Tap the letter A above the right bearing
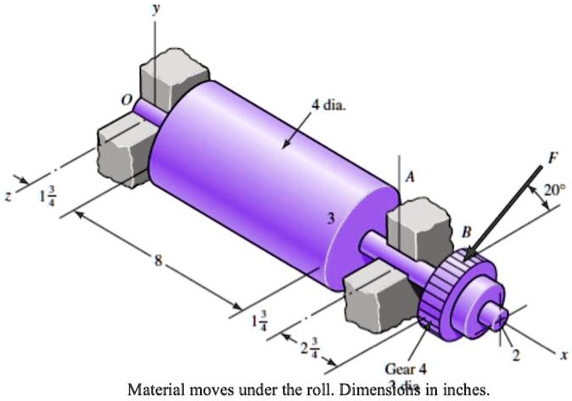(410, 176)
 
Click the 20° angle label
(553, 192)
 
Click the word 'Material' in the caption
(155, 390)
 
